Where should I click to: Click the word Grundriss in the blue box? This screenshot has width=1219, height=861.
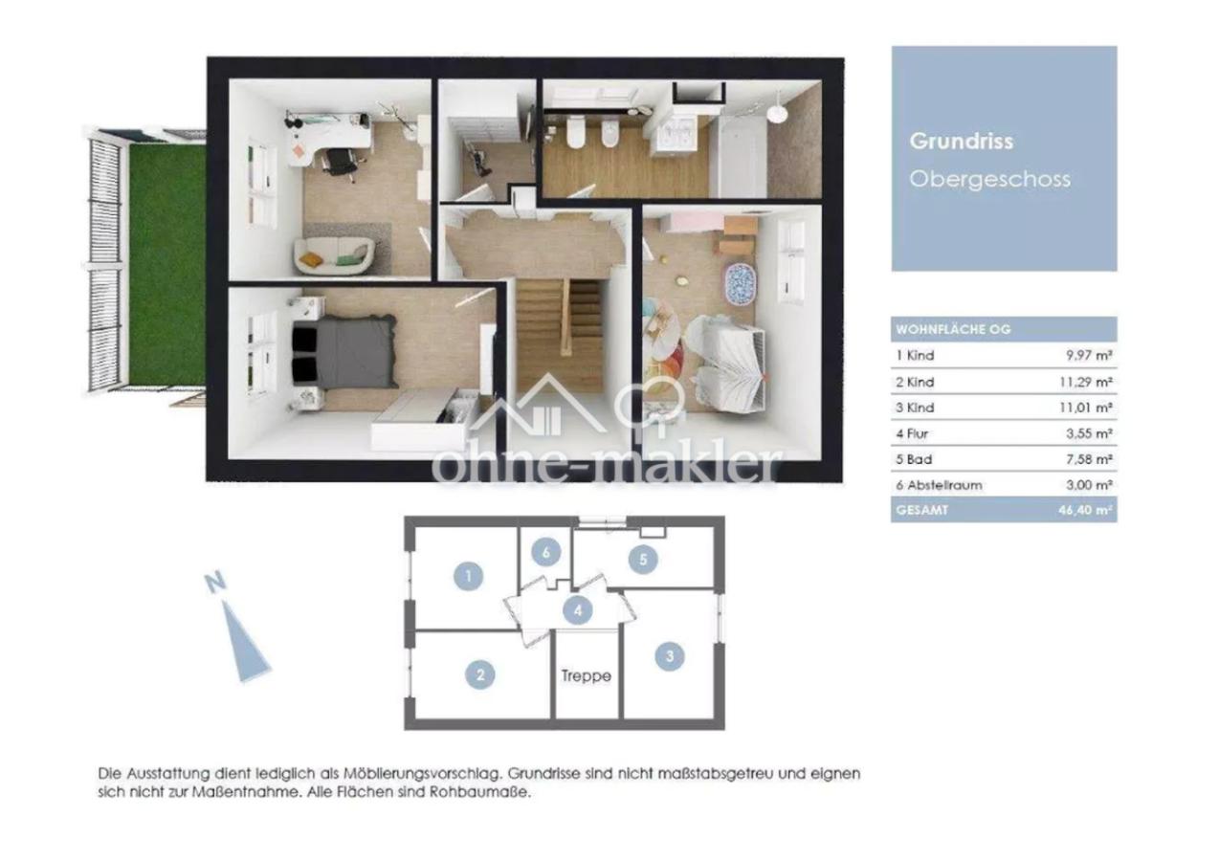(961, 142)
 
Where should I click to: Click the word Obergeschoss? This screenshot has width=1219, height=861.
(990, 180)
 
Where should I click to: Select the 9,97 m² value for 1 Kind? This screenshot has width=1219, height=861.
(1089, 355)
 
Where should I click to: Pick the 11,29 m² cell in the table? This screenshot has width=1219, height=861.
(1085, 382)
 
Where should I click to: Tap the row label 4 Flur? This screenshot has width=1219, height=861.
(912, 433)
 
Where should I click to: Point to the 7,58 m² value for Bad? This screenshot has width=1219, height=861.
(1089, 459)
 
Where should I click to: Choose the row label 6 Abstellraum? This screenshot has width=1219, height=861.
(940, 485)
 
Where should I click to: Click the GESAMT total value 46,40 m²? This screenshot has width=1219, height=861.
(1085, 511)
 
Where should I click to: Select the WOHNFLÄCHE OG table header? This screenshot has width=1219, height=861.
(953, 330)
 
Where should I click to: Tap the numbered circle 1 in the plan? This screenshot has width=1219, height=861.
(468, 576)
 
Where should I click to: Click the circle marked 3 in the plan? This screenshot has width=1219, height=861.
(670, 656)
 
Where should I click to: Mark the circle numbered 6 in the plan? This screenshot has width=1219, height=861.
(545, 553)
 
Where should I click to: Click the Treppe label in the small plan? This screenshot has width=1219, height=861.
(587, 676)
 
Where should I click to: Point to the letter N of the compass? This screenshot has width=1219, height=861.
(216, 583)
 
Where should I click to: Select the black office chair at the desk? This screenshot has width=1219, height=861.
(341, 163)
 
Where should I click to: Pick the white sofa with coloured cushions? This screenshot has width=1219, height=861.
(334, 255)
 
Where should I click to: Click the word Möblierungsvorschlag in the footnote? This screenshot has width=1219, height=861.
(420, 773)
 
